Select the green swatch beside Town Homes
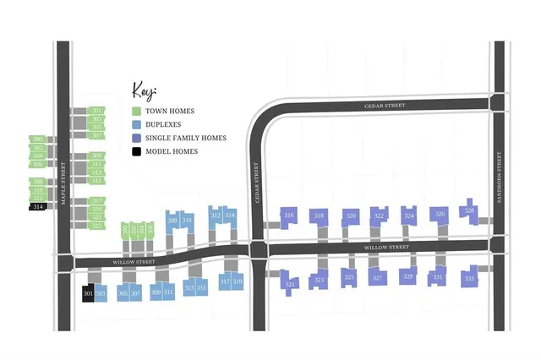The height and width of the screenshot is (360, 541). click(136, 111)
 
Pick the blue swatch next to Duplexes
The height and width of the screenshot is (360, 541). click(136, 124)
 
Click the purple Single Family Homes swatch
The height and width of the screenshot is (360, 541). click(136, 138)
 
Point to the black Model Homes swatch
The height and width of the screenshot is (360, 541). click(136, 151)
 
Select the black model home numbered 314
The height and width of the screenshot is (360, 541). click(38, 207)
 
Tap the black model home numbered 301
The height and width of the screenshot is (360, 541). click(88, 293)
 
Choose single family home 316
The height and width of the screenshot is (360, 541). click(289, 216)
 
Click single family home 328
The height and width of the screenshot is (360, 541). click(470, 211)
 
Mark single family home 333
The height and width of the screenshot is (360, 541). click(469, 278)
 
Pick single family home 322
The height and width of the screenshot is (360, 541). click(379, 216)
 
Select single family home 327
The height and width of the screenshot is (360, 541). click(378, 278)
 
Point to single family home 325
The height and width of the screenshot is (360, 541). click(349, 277)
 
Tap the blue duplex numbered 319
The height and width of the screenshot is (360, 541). click(238, 281)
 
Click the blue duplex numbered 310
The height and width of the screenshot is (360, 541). click(188, 221)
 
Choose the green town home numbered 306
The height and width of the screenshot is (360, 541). click(38, 164)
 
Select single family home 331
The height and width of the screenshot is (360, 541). click(438, 277)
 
